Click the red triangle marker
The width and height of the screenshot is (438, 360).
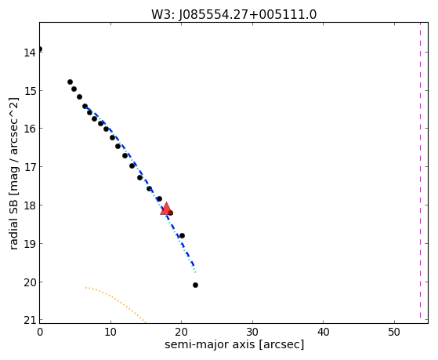pyautogui.click(x=166, y=209)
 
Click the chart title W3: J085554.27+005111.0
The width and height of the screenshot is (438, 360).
pyautogui.click(x=234, y=15)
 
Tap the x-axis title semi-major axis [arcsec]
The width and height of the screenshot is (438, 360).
pyautogui.click(x=234, y=344)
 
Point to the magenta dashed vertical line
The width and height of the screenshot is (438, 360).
pyautogui.click(x=420, y=170)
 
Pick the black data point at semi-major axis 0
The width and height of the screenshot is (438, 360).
pyautogui.click(x=40, y=49)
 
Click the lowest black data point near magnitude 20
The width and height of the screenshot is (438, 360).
pyautogui.click(x=195, y=285)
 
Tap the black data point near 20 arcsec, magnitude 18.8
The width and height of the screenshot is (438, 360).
pyautogui.click(x=182, y=235)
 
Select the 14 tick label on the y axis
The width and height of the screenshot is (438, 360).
pyautogui.click(x=30, y=53)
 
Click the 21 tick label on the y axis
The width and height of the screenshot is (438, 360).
pyautogui.click(x=30, y=320)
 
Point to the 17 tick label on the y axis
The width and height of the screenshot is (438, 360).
pyautogui.click(x=30, y=167)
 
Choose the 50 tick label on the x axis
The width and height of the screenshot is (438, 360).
pyautogui.click(x=394, y=332)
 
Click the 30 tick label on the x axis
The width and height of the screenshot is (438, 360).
pyautogui.click(x=252, y=332)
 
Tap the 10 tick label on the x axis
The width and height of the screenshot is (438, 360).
pyautogui.click(x=110, y=332)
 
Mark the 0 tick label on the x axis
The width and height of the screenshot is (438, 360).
pyautogui.click(x=40, y=332)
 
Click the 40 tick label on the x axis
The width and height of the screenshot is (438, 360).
pyautogui.click(x=323, y=332)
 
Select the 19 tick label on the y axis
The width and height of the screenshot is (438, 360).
pyautogui.click(x=30, y=244)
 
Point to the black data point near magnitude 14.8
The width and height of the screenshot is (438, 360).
pyautogui.click(x=70, y=82)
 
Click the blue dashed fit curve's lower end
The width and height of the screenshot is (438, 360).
pyautogui.click(x=194, y=267)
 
